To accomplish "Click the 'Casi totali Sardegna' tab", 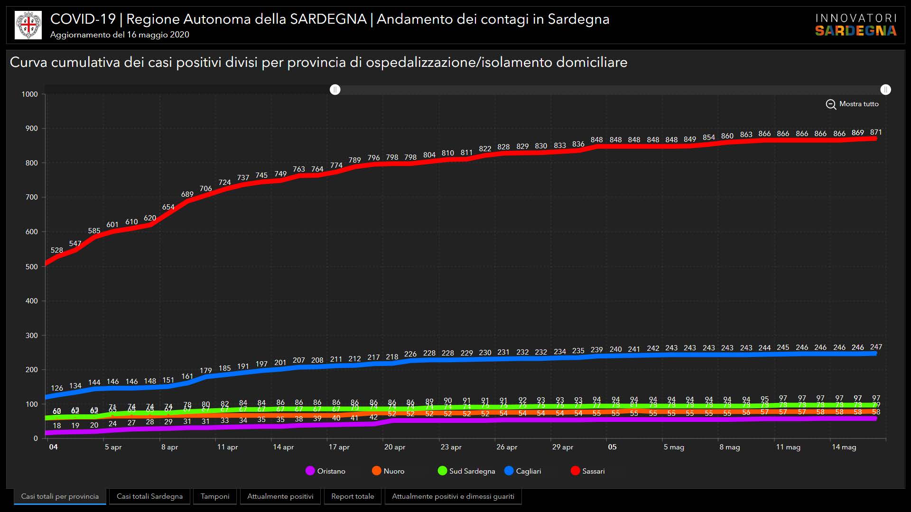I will pos(149,496).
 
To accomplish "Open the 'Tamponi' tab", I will pos(215,496).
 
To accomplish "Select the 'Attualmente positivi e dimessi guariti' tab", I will pos(453,496).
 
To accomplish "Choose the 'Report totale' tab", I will pos(353,496).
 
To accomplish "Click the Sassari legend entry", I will pos(587,471).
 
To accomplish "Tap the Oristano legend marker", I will pos(310,471).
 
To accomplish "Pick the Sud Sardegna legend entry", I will pos(466,471).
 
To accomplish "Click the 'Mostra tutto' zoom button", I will pos(852,104).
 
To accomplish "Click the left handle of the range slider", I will pos(335,90).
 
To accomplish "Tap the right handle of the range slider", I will pos(885,90).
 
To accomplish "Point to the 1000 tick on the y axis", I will pos(30,94).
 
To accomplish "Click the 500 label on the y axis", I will pos(31,266).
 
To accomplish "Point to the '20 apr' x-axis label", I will pos(395,447).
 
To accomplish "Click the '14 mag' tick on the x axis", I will pos(844,447).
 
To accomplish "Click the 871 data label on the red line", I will pos(876,132).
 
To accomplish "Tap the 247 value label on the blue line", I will pos(876,347).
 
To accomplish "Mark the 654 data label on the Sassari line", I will pos(168,207).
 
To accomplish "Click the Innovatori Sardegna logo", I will pos(856,25).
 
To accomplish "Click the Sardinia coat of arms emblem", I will pos(28,25).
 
